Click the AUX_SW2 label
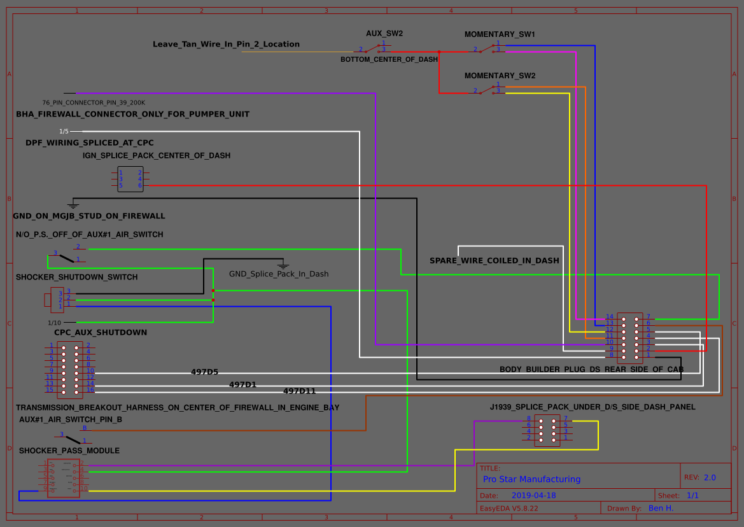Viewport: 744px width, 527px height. point(384,33)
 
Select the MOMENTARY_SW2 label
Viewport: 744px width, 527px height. point(500,75)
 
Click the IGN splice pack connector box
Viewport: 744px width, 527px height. point(130,179)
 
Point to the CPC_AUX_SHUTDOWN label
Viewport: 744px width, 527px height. point(101,332)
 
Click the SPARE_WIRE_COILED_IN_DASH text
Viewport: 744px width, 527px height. point(495,260)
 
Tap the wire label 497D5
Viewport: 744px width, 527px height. point(204,372)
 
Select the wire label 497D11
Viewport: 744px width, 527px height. point(299,391)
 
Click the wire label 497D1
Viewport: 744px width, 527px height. point(242,384)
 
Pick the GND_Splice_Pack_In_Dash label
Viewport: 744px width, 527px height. point(279,274)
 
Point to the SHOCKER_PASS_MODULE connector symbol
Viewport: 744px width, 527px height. point(64,477)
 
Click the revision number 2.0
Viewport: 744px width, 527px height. point(710,477)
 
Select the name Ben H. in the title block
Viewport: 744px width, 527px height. point(661,508)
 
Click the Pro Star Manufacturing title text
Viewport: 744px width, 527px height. point(531,479)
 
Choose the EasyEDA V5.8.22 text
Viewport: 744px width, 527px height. point(509,509)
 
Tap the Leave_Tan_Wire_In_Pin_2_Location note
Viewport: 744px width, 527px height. point(226,44)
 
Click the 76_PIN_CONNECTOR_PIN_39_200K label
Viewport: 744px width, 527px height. point(94,102)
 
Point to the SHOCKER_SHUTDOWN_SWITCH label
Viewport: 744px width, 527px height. point(76,277)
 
